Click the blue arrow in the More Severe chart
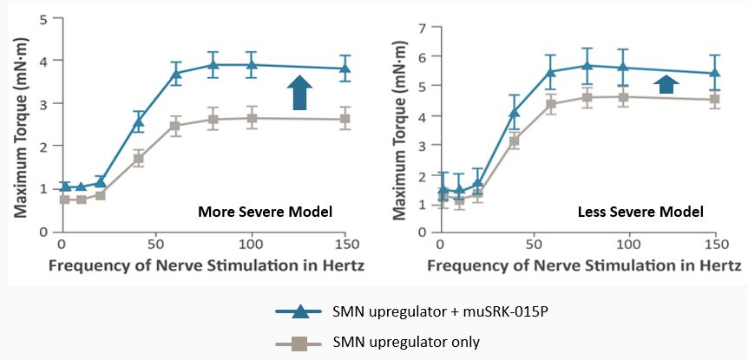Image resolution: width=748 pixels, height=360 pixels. [x=299, y=93]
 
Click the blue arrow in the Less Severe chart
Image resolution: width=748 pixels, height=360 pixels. [x=666, y=83]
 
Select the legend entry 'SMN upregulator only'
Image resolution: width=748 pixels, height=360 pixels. [x=405, y=343]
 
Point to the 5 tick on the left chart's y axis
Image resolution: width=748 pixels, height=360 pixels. [x=43, y=18]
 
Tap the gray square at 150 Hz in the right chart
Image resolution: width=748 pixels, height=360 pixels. [x=715, y=99]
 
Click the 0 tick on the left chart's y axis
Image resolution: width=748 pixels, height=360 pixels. [x=43, y=232]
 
